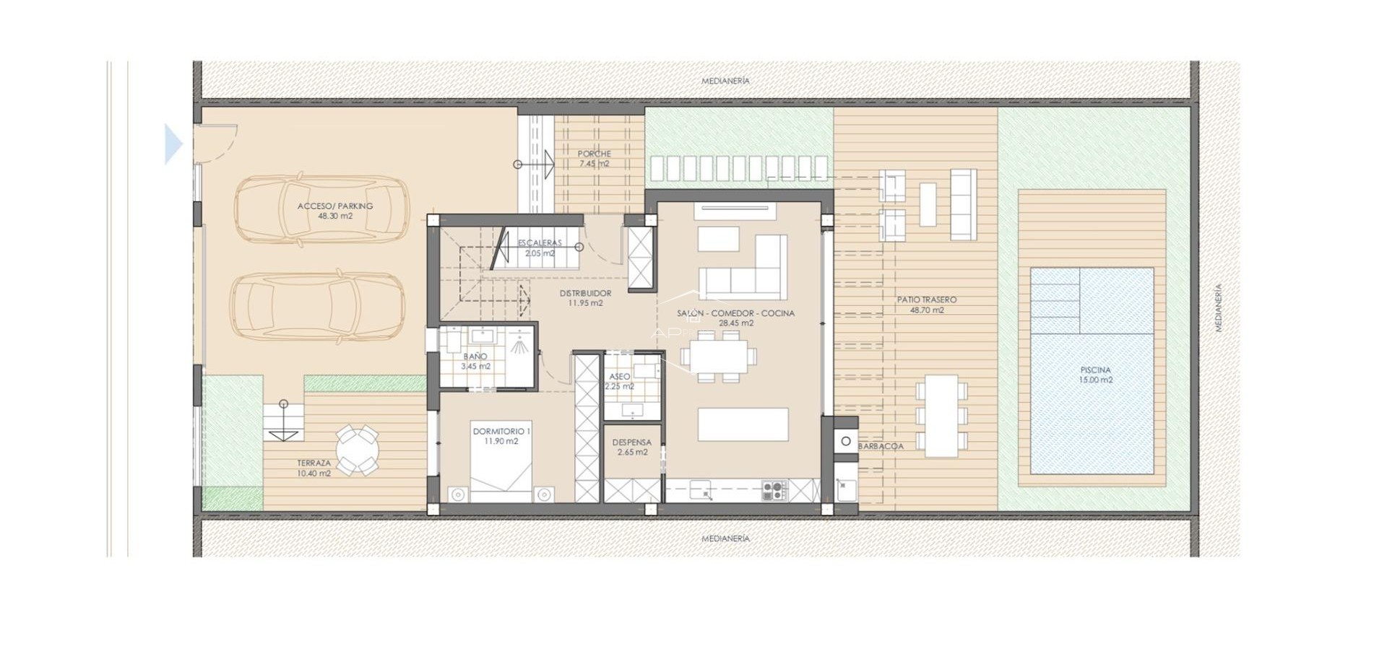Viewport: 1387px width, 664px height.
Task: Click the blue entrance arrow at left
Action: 173,144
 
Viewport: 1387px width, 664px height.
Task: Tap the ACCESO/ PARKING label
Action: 335,211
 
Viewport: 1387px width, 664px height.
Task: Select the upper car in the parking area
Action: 321,209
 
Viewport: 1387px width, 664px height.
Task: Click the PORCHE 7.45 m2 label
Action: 594,159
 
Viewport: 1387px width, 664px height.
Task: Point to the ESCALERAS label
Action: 540,248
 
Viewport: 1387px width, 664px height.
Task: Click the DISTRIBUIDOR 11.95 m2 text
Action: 585,298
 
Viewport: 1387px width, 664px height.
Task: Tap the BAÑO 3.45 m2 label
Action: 475,362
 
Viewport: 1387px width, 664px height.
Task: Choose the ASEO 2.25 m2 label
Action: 619,381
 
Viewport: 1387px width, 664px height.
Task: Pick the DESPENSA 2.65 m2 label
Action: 631,447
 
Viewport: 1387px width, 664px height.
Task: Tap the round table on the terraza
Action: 357,450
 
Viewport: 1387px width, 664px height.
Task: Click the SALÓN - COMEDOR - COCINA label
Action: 735,318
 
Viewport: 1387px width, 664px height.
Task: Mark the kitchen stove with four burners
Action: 773,491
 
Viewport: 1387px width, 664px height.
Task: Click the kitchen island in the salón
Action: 743,424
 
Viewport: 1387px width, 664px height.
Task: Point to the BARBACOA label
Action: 881,447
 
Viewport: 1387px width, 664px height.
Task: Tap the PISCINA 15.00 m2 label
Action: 1095,375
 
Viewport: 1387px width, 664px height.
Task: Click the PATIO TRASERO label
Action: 927,305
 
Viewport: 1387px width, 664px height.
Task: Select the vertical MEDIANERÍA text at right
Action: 1218,307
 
